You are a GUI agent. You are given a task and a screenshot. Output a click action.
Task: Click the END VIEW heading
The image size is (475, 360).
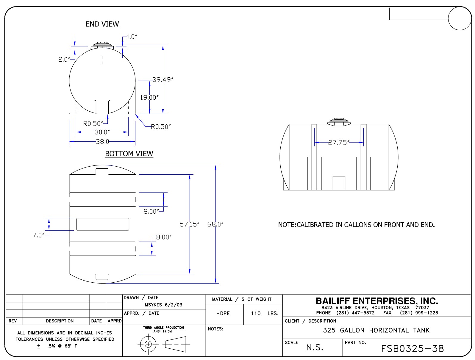pyautogui.click(x=102, y=24)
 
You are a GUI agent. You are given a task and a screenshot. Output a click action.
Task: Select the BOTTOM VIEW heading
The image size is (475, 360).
pyautogui.click(x=129, y=154)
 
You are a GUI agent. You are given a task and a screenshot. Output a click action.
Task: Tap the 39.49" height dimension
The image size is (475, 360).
pyautogui.click(x=163, y=80)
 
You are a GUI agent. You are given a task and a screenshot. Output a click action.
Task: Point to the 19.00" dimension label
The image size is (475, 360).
pyautogui.click(x=149, y=98)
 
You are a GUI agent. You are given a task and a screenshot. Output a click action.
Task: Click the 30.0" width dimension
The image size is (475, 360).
pyautogui.click(x=102, y=132)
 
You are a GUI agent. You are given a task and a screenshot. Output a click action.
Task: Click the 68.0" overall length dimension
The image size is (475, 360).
pyautogui.click(x=215, y=224)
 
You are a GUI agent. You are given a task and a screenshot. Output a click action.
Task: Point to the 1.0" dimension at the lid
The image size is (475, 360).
pyautogui.click(x=132, y=37)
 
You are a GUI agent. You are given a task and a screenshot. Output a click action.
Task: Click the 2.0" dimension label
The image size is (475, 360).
pyautogui.click(x=63, y=60)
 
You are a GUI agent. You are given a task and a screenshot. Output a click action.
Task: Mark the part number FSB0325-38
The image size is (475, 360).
pyautogui.click(x=412, y=349)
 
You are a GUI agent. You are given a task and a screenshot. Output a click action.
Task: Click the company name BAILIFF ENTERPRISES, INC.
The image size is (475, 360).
pyautogui.click(x=377, y=301)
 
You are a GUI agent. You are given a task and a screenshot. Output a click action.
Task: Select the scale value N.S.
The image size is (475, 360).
pyautogui.click(x=315, y=348)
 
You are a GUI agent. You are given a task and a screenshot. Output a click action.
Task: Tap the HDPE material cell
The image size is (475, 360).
pyautogui.click(x=223, y=314)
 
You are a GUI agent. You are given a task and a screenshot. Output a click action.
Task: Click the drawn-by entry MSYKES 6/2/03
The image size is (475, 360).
pyautogui.click(x=163, y=305)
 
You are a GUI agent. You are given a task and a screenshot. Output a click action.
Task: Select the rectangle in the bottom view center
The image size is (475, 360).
pyautogui.click(x=103, y=224)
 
